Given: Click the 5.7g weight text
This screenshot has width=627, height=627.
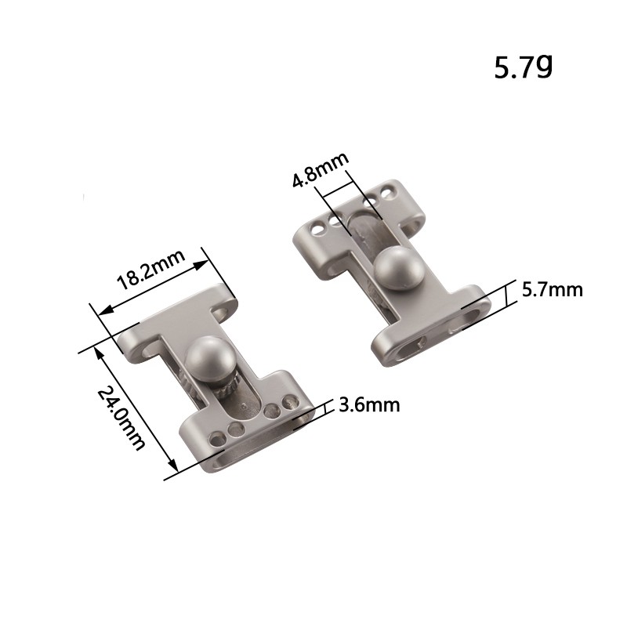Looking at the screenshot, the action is point(523,67).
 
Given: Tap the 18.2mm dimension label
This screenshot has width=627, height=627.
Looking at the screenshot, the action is point(151,270).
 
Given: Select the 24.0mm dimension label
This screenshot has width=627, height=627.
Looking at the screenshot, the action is point(121,419).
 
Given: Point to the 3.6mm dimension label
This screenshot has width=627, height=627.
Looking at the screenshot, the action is point(369,405).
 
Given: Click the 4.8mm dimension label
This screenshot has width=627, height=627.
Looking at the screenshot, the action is point(321,169).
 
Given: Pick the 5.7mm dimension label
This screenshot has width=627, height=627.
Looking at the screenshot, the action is point(553,290).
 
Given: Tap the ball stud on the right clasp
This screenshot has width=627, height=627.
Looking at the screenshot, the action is point(399,267).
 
